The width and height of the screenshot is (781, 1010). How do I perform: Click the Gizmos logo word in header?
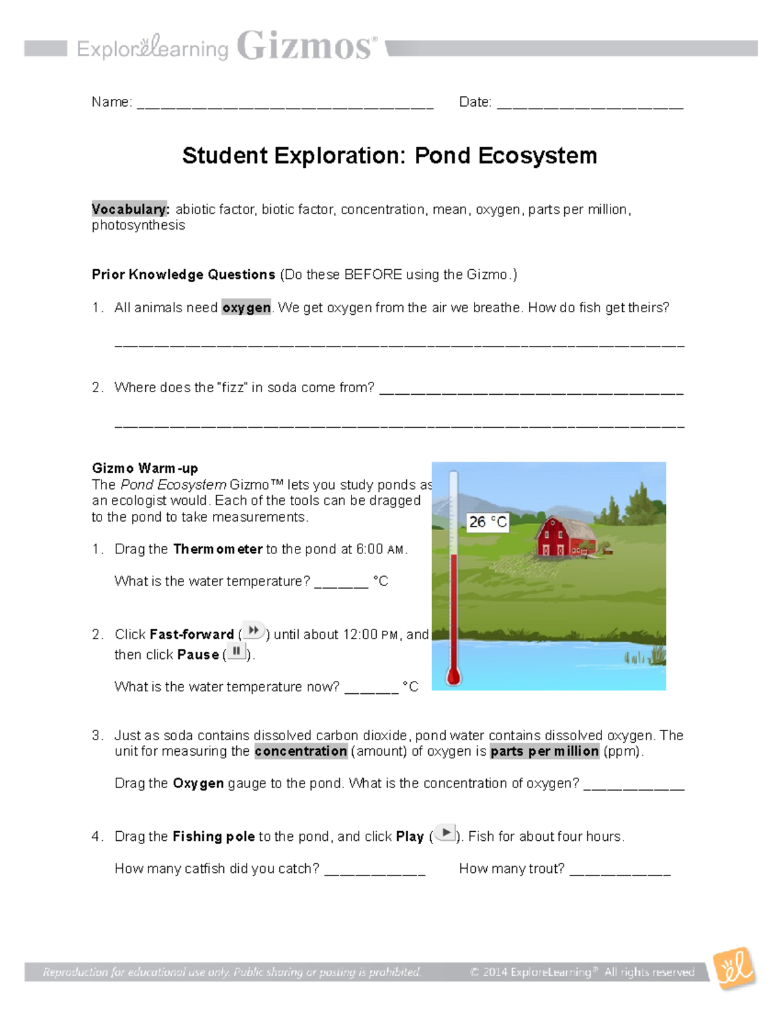(306, 47)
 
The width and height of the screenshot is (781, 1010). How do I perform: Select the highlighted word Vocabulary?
(130, 209)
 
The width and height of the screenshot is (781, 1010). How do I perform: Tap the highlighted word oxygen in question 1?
(246, 308)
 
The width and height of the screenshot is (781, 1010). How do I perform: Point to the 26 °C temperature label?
(487, 522)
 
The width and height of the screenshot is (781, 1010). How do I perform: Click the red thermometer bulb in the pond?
(454, 676)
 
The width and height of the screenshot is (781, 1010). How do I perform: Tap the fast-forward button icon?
(253, 631)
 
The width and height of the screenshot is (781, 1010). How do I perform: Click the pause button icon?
(236, 652)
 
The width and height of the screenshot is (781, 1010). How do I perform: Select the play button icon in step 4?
(445, 833)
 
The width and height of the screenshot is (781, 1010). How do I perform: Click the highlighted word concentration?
(301, 751)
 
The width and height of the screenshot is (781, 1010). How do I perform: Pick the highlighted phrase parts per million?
(544, 751)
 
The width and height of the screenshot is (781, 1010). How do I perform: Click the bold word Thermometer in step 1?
(217, 549)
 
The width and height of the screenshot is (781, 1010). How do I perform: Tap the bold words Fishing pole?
(213, 836)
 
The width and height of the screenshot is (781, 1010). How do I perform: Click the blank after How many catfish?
(374, 872)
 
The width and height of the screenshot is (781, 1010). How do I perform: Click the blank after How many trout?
(620, 872)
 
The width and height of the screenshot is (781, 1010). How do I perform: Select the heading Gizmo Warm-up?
(144, 468)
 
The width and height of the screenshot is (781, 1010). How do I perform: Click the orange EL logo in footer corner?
(734, 969)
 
